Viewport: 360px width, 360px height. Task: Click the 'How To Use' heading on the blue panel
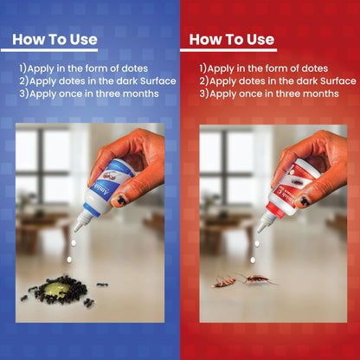pos(55,40)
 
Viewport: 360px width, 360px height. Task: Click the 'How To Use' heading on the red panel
pos(232,40)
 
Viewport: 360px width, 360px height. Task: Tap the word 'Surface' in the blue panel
pos(158,81)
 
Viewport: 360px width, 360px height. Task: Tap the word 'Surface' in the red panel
pos(338,81)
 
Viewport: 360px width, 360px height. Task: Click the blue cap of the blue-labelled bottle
pos(91,210)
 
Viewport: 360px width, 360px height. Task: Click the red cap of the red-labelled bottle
pos(274,210)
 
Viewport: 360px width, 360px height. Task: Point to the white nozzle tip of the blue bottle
pos(76,229)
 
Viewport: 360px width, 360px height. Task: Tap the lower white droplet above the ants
pos(69,260)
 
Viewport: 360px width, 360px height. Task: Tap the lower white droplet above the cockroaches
pos(253,260)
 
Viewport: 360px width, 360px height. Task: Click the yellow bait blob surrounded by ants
pos(60,289)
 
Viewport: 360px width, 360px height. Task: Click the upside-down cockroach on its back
pos(223,282)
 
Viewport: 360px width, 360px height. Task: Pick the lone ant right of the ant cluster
pos(102,285)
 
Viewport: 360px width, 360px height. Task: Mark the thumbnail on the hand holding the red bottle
pos(302,200)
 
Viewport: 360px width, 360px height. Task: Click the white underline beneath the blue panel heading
pos(49,50)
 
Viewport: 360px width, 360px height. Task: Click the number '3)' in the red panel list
pos(204,93)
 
